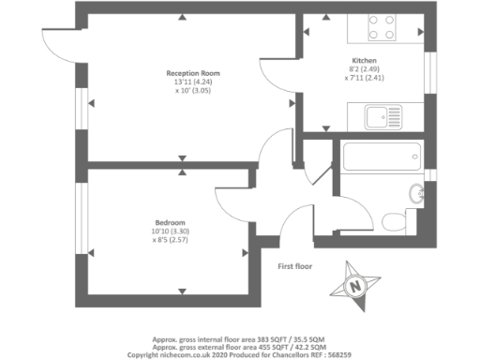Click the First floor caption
296,267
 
